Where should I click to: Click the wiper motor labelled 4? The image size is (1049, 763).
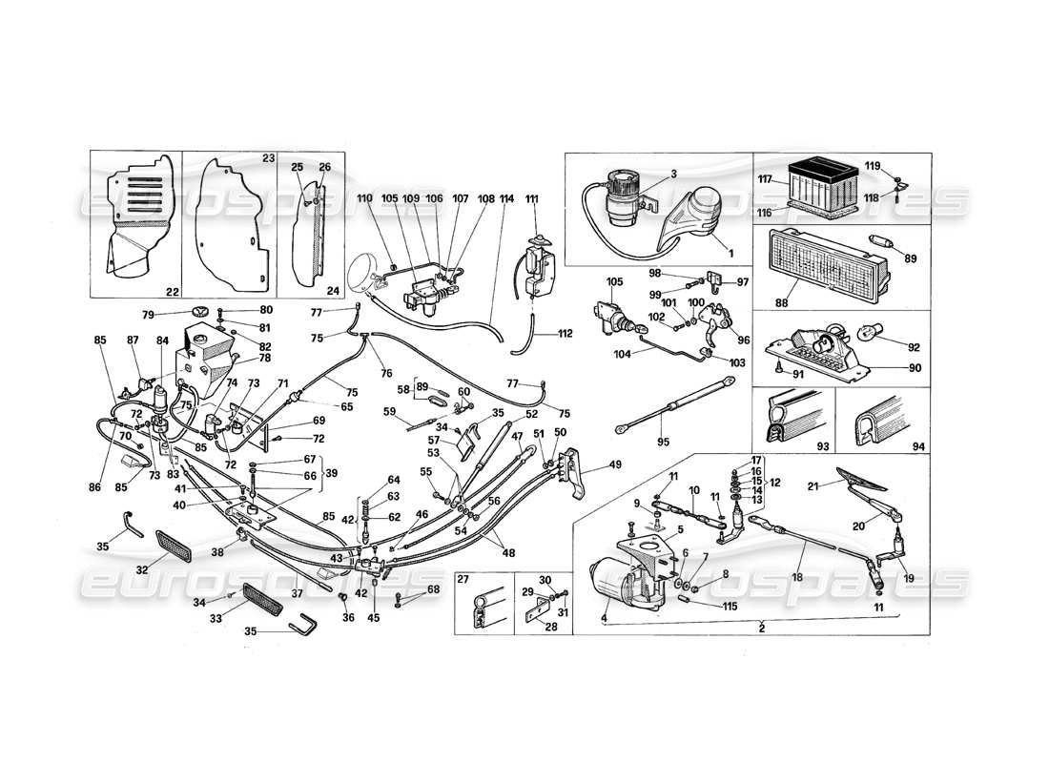(x=620, y=582)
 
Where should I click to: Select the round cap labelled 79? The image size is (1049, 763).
(x=200, y=313)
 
